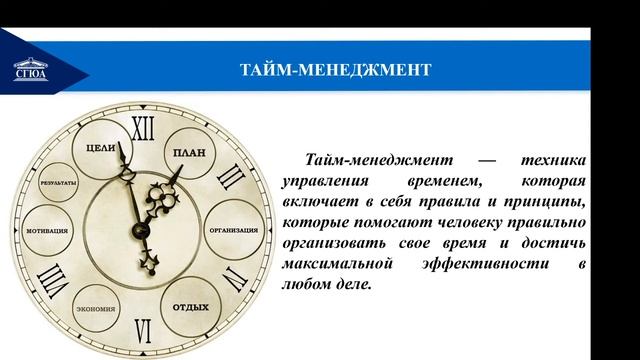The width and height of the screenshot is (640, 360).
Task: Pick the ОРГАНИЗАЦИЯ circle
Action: (235, 229)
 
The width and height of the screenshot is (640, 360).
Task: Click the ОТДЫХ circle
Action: (190, 306)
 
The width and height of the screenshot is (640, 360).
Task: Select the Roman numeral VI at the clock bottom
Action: (145, 329)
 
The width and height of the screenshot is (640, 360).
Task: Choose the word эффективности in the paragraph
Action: (469, 264)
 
